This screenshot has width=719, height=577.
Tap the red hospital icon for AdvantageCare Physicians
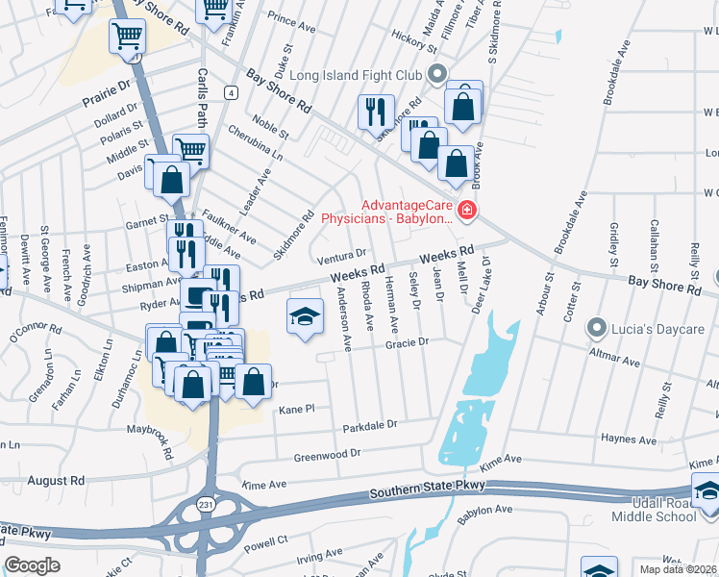click(467, 210)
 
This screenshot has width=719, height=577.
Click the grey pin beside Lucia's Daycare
click(597, 328)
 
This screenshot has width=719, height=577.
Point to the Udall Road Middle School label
click(655, 510)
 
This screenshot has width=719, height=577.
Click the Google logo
click(33, 564)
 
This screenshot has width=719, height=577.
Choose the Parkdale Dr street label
click(370, 424)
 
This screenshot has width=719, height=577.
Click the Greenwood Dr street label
click(327, 451)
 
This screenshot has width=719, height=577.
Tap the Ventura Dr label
click(343, 256)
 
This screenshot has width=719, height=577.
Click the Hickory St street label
click(415, 36)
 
